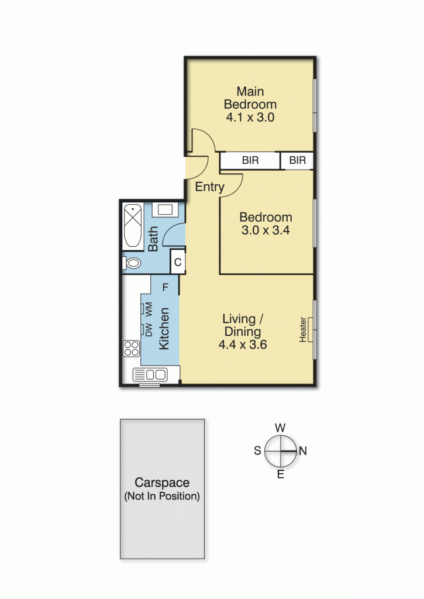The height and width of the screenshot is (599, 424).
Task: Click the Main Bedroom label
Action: click(x=250, y=98)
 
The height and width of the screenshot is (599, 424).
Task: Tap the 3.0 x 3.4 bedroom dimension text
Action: click(x=266, y=230)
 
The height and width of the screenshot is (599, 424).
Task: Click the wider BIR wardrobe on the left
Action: click(x=250, y=160)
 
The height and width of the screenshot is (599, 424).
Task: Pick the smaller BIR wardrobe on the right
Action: click(x=298, y=160)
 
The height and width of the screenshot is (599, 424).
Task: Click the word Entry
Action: click(x=209, y=187)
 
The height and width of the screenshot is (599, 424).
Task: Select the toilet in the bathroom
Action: click(x=133, y=263)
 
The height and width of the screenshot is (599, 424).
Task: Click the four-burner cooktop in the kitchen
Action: click(x=132, y=349)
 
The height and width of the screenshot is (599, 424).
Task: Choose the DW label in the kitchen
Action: click(x=149, y=330)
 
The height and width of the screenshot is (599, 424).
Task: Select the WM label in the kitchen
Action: click(x=149, y=308)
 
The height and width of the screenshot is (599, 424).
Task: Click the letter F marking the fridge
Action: click(x=166, y=287)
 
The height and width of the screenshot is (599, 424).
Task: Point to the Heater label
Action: click(x=303, y=330)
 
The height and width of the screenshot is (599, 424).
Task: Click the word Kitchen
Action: click(x=164, y=329)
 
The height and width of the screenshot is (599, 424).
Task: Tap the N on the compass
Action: click(x=303, y=450)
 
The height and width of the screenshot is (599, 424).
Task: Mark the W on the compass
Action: click(x=280, y=428)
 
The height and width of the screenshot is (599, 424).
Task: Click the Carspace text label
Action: click(x=162, y=483)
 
